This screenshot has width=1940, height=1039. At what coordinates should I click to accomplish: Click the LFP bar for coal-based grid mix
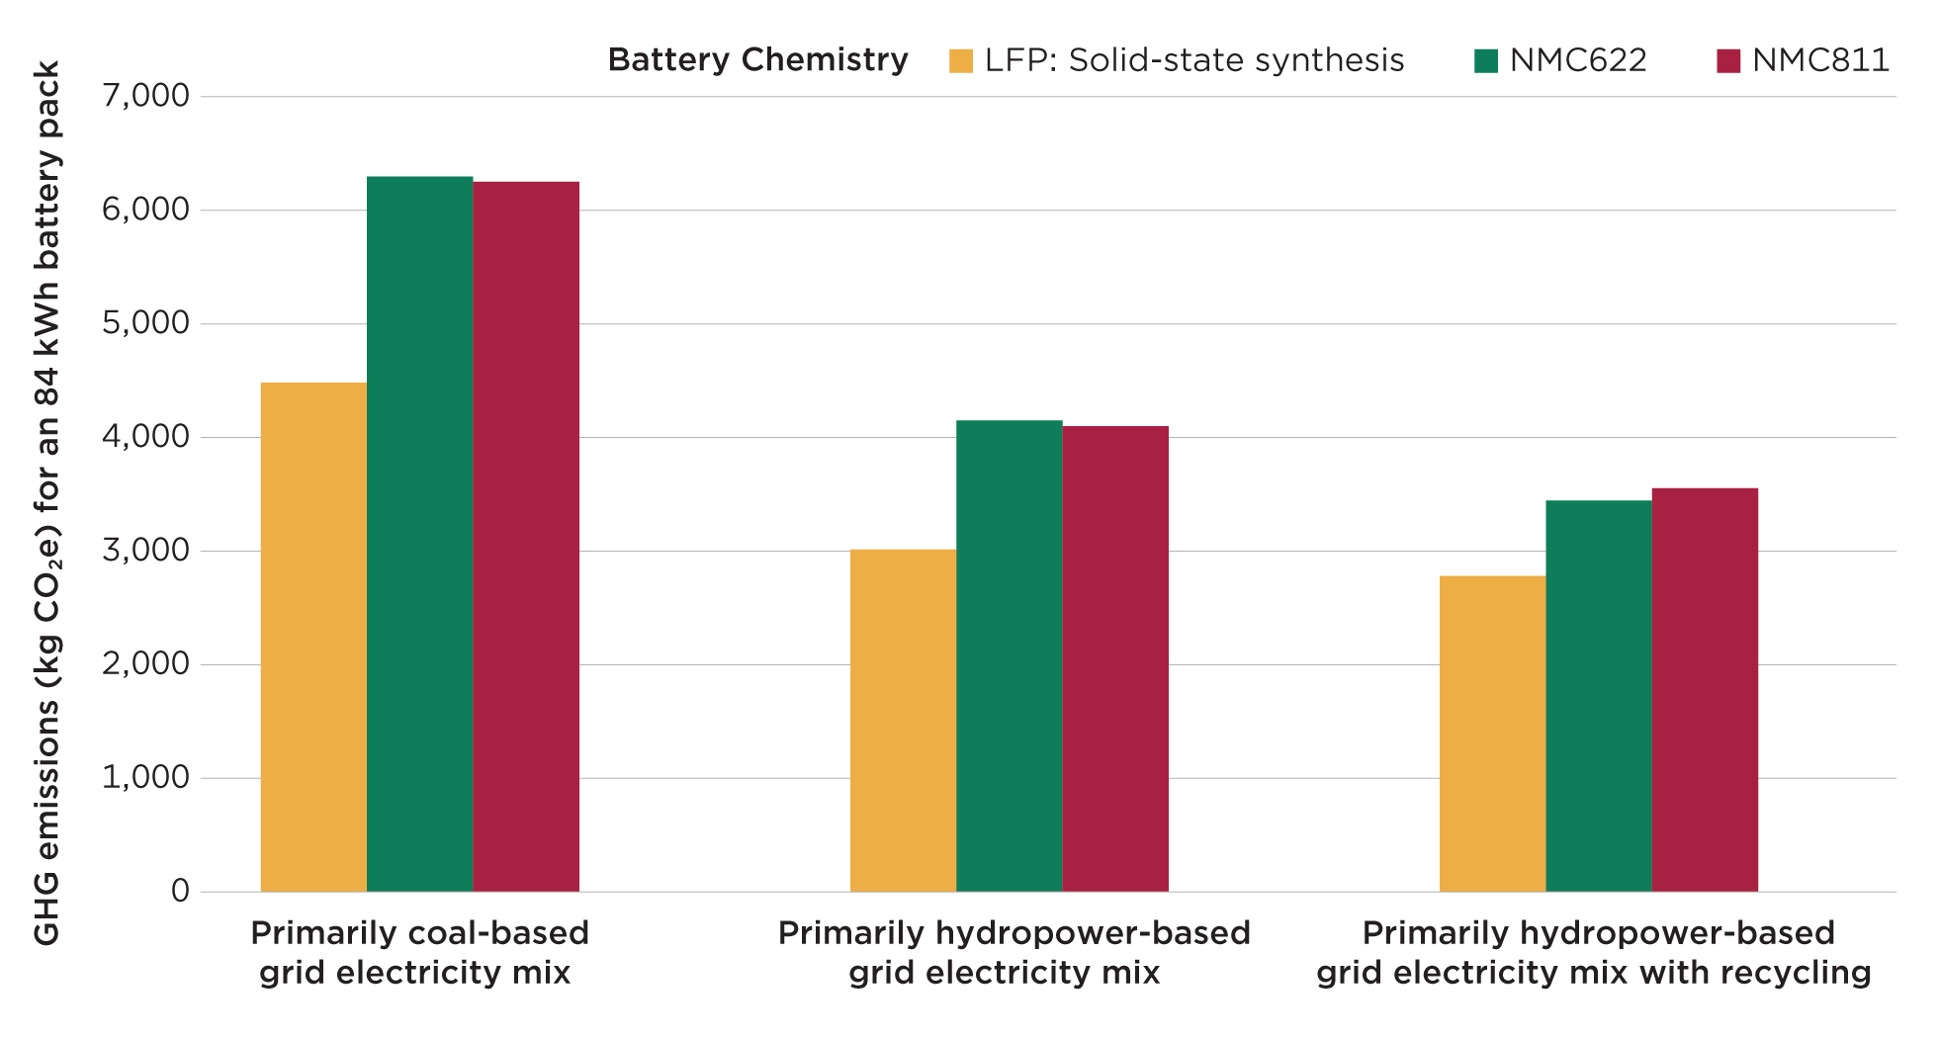[313, 638]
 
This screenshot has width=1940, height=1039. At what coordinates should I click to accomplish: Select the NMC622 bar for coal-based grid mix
[419, 534]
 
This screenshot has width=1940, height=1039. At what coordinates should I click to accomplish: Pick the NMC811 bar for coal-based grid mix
[526, 537]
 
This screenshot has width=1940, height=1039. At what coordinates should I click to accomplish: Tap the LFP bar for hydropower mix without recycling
[903, 721]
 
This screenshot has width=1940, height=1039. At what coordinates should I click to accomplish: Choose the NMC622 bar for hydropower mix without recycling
[1009, 656]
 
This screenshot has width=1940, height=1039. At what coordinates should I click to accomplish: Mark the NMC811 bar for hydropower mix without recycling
[1115, 659]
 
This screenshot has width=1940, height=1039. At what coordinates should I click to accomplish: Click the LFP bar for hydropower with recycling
[1492, 734]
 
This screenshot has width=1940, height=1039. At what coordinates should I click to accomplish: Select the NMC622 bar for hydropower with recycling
[1598, 696]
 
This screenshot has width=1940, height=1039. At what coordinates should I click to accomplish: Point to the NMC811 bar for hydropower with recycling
[1705, 690]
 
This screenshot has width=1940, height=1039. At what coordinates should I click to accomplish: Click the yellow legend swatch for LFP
[960, 61]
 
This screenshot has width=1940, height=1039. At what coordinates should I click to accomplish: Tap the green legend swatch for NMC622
[1485, 61]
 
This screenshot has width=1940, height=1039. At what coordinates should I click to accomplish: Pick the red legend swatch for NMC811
[1727, 61]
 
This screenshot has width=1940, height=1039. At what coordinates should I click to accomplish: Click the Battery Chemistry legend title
[757, 60]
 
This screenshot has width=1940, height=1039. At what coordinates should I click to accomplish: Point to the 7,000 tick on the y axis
[145, 96]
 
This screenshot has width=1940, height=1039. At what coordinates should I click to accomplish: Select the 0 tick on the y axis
[180, 892]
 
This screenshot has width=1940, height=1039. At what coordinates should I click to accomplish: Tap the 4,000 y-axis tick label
[145, 437]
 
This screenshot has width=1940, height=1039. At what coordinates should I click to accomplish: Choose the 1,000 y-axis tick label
[145, 778]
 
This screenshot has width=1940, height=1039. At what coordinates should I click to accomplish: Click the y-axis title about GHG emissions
[47, 504]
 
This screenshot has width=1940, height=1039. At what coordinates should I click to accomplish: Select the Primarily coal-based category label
[419, 933]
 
